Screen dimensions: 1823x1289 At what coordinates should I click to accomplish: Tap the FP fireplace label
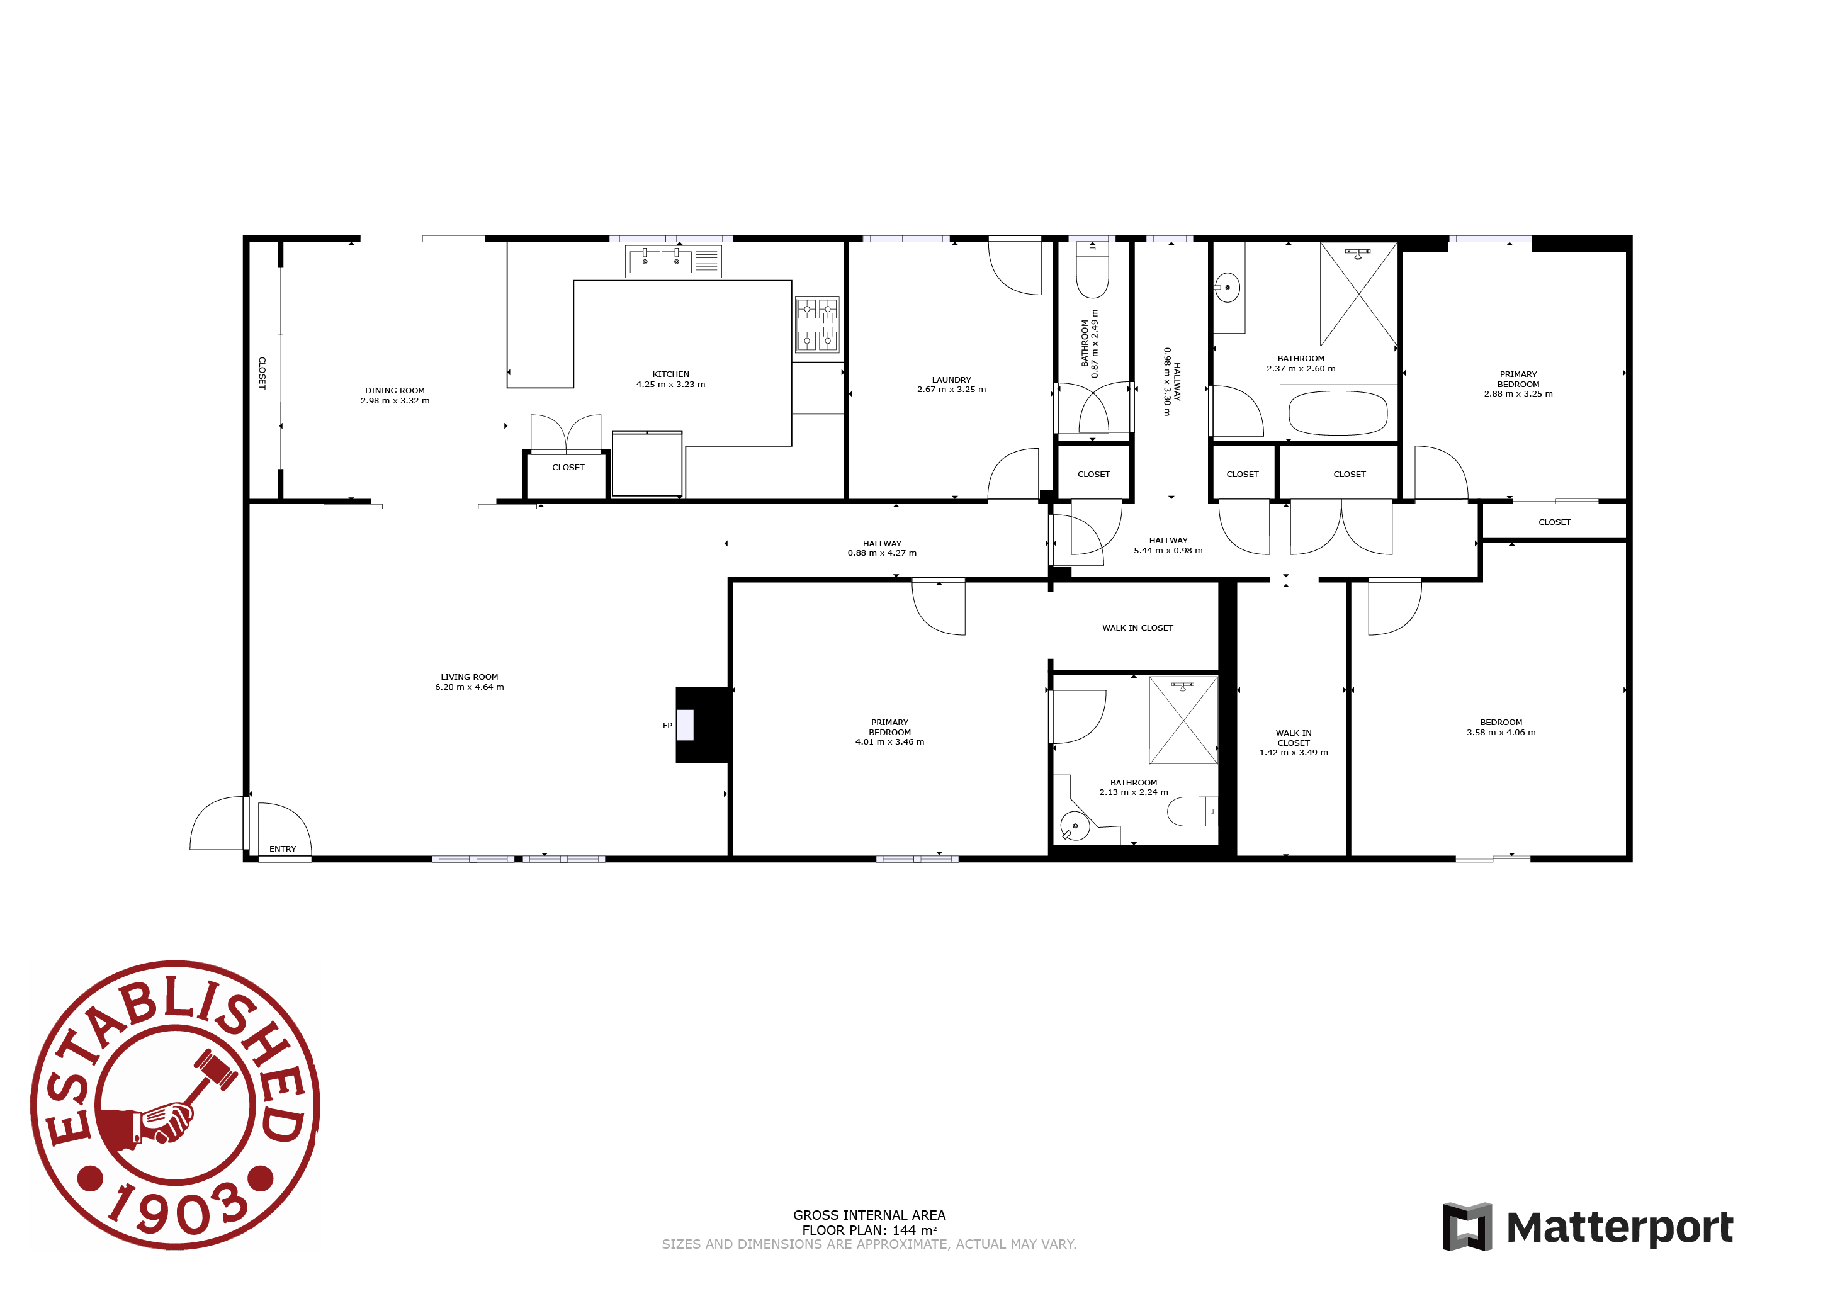[x=668, y=726]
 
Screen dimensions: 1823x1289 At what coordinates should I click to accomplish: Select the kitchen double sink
[x=660, y=261]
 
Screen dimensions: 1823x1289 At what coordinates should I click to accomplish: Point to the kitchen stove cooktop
[x=817, y=324]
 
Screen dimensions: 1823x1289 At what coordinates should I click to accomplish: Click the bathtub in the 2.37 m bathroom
[x=1338, y=414]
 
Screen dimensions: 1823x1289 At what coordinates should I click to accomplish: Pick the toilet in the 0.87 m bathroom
[x=1093, y=270]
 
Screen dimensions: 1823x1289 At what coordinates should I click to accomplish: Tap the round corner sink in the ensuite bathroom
[x=1075, y=827]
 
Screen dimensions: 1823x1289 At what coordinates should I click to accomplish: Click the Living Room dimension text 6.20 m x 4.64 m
[x=469, y=687]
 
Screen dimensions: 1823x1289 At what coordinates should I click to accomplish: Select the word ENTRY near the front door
[x=283, y=848]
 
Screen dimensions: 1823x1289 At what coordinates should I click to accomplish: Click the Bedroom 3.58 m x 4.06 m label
[x=1501, y=728]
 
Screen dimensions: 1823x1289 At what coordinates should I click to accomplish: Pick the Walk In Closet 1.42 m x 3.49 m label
[x=1294, y=743]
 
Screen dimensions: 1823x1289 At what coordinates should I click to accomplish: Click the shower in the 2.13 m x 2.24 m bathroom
[x=1183, y=720]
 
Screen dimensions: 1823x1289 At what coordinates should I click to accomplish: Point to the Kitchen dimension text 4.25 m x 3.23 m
[x=670, y=384]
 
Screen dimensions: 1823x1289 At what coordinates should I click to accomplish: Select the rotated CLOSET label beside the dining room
[x=262, y=373]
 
